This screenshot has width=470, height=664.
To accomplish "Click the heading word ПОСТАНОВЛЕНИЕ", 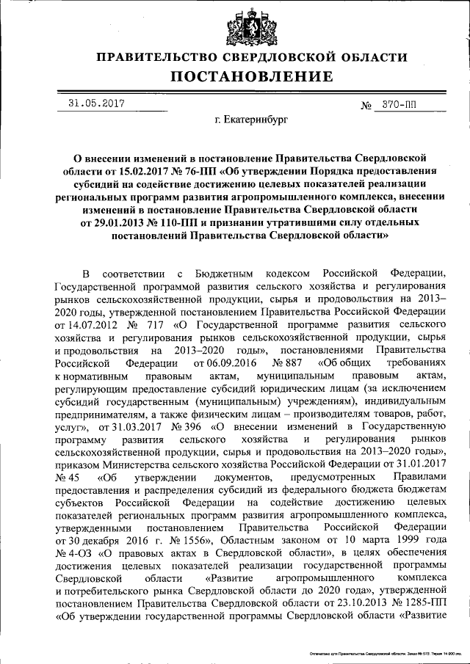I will point(252,77).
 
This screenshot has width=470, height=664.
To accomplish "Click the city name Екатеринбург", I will point(252,117).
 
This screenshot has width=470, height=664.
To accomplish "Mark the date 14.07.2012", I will point(86,324).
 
